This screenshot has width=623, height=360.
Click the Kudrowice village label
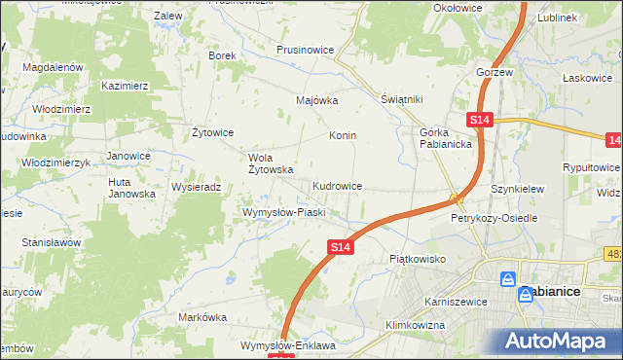click(338, 185)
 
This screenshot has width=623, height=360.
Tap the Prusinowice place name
click(306, 49)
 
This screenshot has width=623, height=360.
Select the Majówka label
click(316, 100)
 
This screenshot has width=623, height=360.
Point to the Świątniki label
click(400, 100)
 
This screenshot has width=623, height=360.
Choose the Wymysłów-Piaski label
click(282, 211)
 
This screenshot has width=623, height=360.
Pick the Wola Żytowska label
click(271, 163)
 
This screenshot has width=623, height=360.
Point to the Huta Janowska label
click(131, 188)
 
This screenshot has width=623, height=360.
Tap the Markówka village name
click(202, 317)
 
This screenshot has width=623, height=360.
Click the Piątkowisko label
click(417, 259)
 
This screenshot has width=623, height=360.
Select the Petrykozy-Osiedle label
click(494, 219)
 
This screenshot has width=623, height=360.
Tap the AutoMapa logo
click(559, 342)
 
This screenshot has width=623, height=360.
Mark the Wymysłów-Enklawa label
click(287, 345)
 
